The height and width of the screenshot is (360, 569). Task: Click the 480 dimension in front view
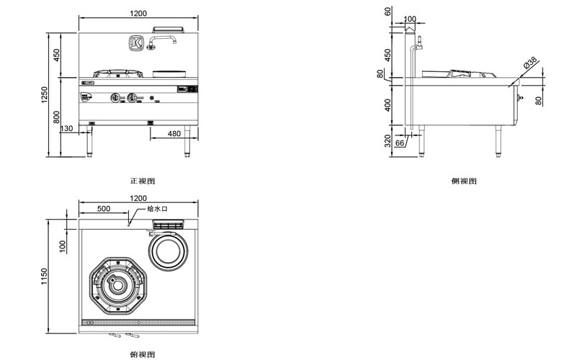click(174, 133)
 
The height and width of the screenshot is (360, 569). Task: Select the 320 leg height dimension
click(389, 139)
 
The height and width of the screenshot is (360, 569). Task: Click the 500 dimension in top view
click(103, 208)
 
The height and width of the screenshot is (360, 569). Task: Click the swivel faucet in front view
click(162, 42)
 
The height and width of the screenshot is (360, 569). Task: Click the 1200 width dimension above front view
click(138, 13)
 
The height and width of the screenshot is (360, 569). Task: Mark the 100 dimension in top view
click(63, 245)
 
